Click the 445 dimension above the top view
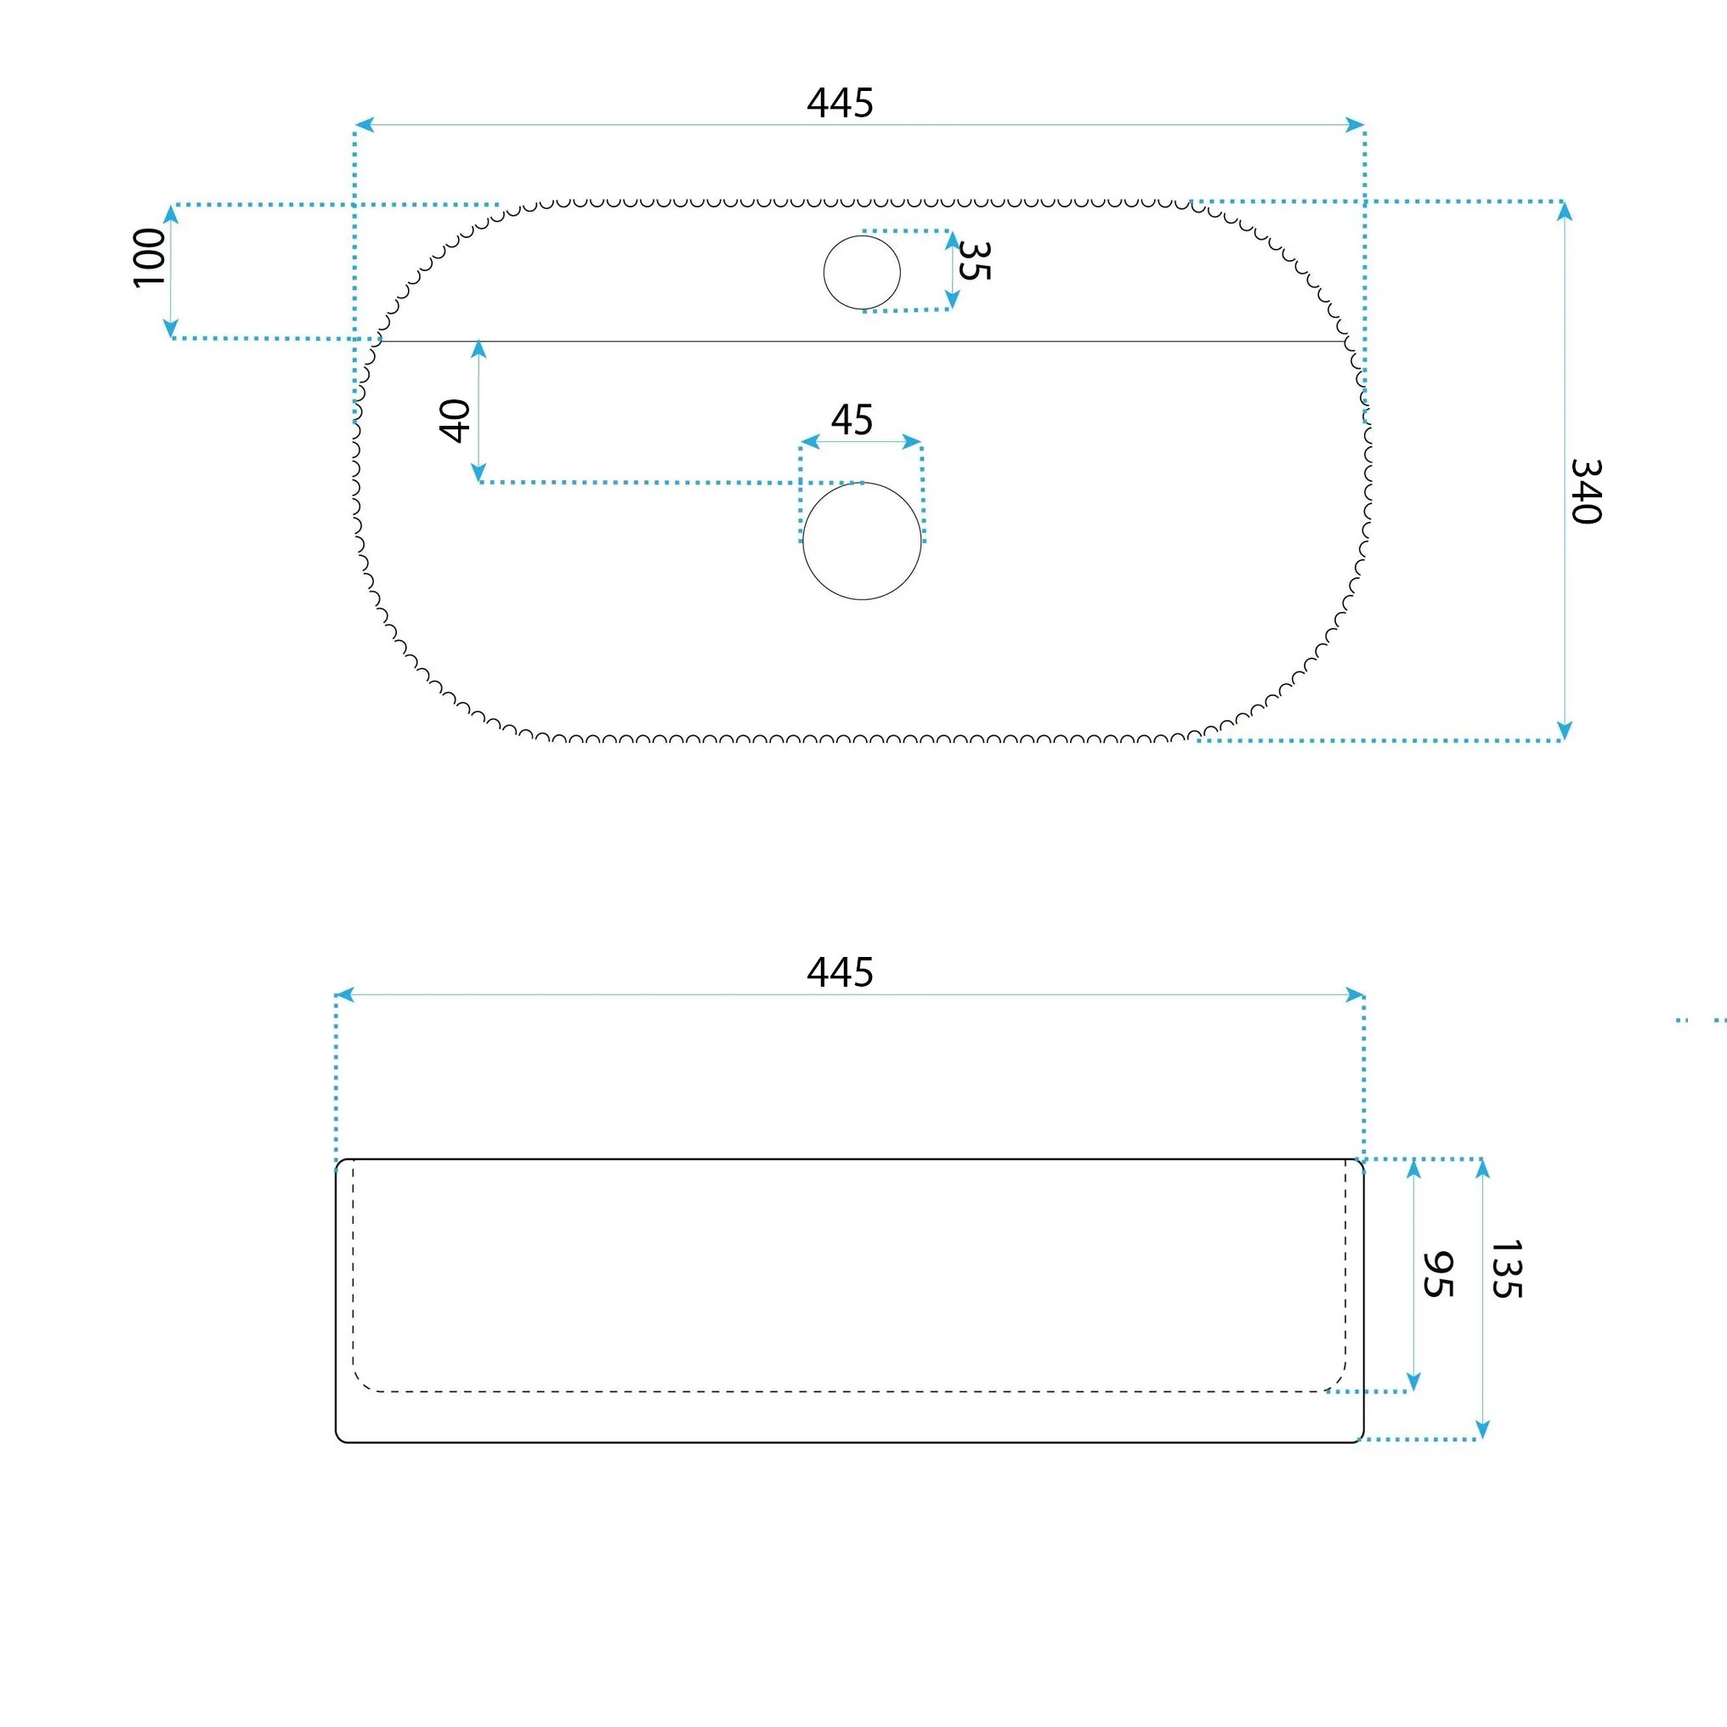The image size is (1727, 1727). (840, 103)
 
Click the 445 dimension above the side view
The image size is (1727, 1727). (840, 971)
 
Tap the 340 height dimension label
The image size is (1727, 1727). (1586, 490)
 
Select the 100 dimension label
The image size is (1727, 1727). (150, 258)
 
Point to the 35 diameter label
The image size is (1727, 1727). (973, 261)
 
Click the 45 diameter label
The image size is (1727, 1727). (852, 420)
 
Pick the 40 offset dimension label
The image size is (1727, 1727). (455, 420)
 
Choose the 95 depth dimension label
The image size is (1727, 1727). (1437, 1275)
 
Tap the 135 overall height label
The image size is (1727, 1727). (1506, 1268)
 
